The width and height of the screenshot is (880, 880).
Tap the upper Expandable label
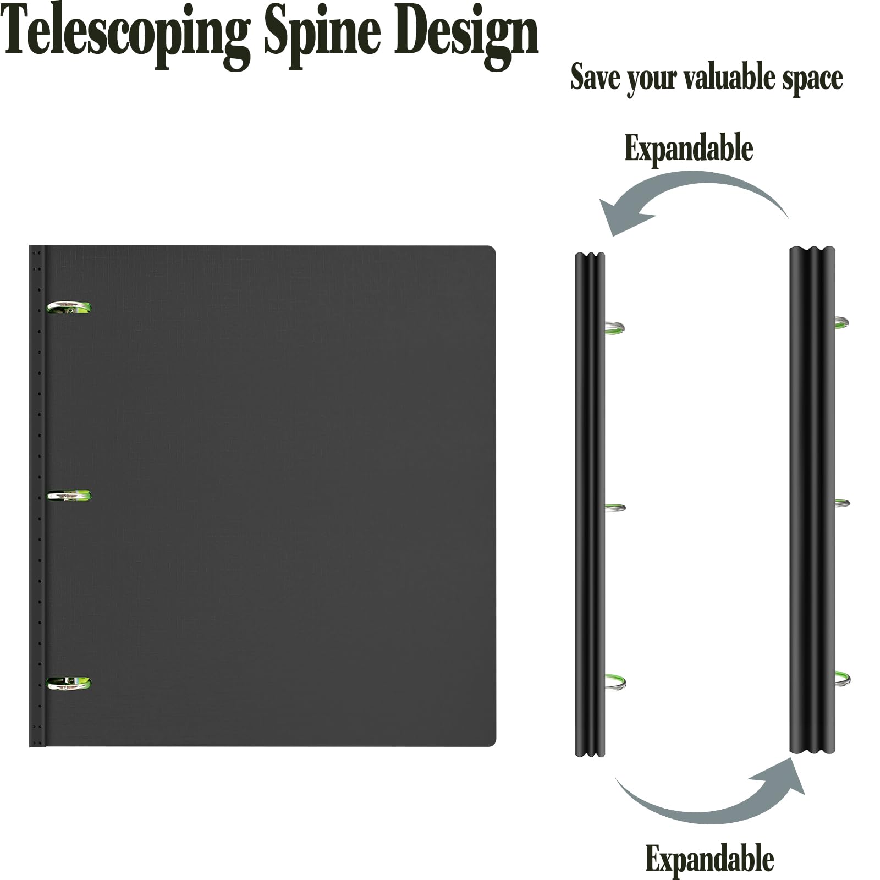[x=689, y=148]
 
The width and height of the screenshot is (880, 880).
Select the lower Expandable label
[x=710, y=859]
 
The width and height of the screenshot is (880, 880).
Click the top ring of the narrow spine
[x=615, y=328]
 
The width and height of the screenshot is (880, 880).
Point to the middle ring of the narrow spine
[x=615, y=508]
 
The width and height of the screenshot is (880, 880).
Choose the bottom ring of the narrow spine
[x=615, y=682]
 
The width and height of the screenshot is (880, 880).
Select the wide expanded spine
[x=812, y=501]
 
